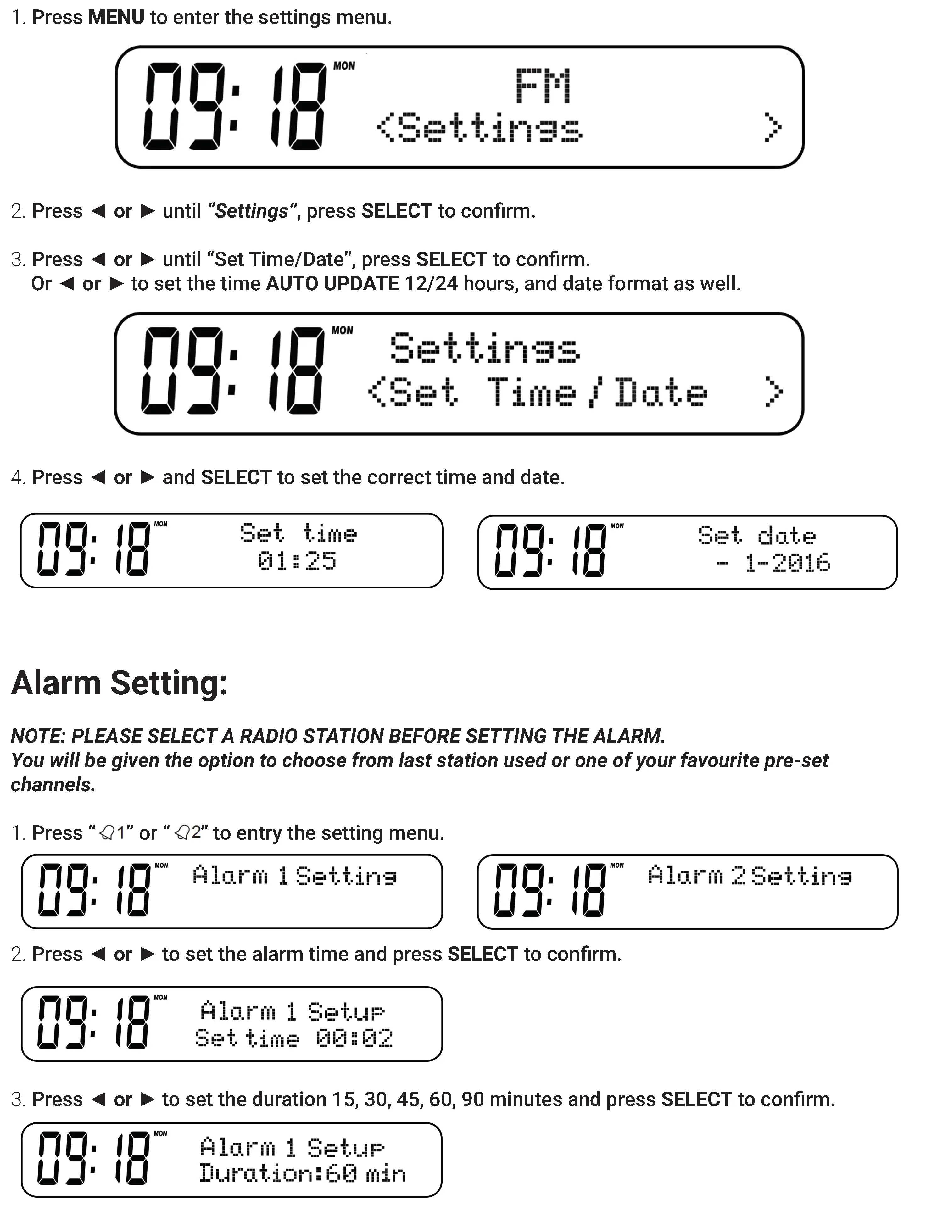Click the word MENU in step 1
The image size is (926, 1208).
(116, 18)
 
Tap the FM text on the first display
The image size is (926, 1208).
(543, 86)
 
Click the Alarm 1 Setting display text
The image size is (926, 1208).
(295, 876)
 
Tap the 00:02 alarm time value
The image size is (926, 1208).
(354, 1038)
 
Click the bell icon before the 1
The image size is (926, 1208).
(107, 833)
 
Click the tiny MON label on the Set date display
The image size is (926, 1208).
(617, 526)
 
